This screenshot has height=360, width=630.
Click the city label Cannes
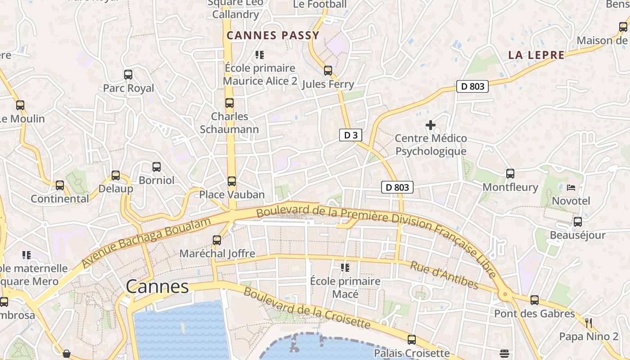pos(157,287)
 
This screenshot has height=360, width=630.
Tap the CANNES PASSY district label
pos(273,36)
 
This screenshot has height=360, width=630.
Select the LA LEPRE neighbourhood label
pos(536,55)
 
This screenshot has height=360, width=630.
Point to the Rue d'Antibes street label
pos(444,274)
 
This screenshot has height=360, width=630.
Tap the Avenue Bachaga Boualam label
pos(146,243)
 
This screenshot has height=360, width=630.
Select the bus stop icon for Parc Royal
pos(128,75)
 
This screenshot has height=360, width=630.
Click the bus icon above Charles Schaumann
pos(229,103)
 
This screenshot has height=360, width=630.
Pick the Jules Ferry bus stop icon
pos(328,71)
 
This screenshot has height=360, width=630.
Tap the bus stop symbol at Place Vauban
pos(232,181)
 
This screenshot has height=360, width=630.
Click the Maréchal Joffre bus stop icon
pos(217,240)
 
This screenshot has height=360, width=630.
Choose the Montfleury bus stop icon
pos(510,174)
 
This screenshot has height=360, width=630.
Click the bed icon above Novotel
pos(571,187)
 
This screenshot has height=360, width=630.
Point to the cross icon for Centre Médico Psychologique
pos(431,125)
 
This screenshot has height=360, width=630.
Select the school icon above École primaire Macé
pos(345,268)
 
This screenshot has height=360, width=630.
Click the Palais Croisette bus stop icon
pos(412,340)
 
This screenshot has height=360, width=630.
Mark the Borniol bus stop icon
pos(157,167)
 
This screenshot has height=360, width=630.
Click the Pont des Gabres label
pos(535,314)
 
